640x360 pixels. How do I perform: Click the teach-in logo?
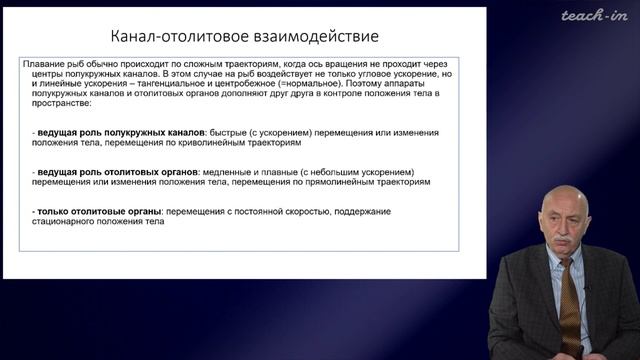click(x=594, y=15)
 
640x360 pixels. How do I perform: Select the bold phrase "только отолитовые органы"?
click(x=93, y=212)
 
